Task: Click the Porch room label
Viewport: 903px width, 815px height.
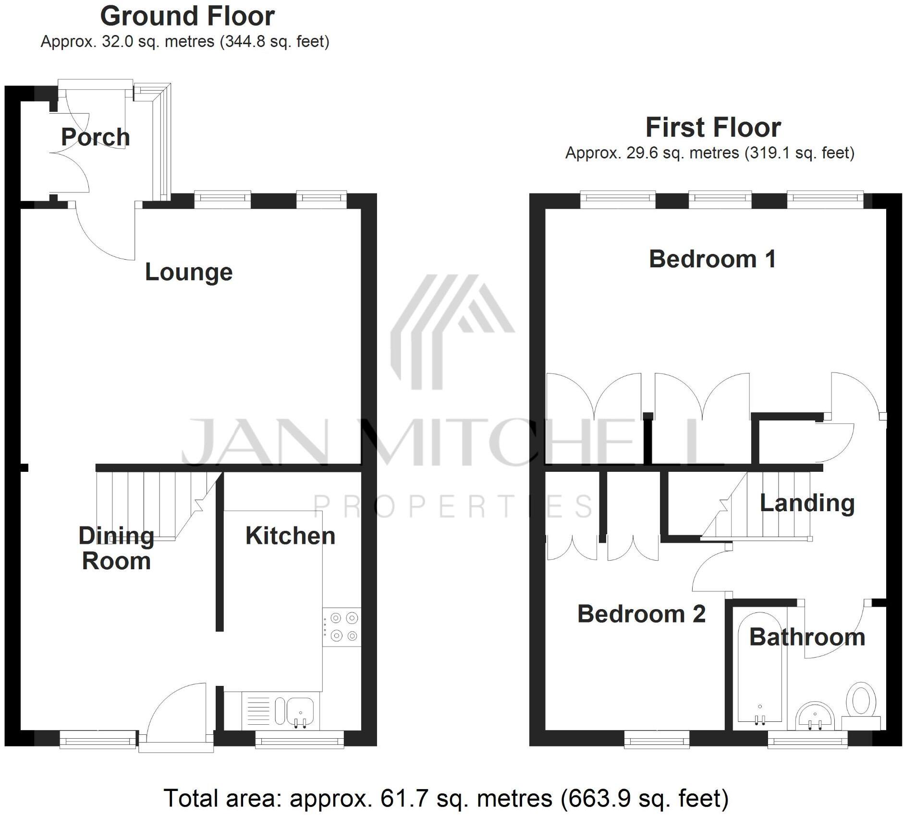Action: click(x=95, y=137)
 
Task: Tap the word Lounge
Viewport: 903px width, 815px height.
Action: click(x=189, y=272)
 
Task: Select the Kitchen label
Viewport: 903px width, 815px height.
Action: click(x=290, y=536)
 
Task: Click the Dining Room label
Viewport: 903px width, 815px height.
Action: click(x=116, y=548)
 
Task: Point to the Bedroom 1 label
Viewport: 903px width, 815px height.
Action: click(x=712, y=259)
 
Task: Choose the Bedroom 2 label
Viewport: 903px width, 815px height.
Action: click(x=641, y=614)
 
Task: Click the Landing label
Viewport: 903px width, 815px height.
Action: click(x=807, y=503)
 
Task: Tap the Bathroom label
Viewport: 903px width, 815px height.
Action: click(x=807, y=637)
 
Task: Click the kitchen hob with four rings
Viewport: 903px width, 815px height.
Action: click(x=342, y=627)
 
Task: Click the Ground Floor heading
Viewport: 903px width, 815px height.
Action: click(x=187, y=16)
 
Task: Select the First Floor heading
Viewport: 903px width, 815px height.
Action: click(x=713, y=128)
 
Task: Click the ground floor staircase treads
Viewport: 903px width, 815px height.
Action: click(x=149, y=504)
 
